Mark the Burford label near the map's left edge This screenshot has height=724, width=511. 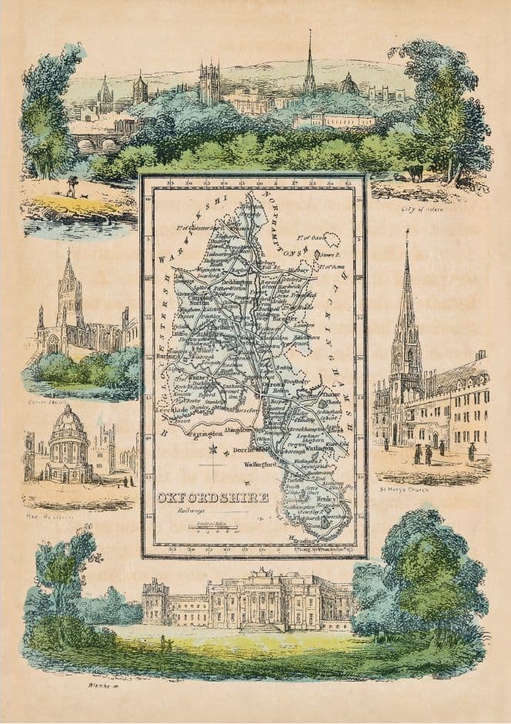[x=163, y=357]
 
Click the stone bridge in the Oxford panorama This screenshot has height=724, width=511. [x=96, y=143]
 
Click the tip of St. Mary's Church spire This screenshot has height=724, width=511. [x=406, y=233]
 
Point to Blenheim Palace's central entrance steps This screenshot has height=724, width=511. [x=262, y=628]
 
